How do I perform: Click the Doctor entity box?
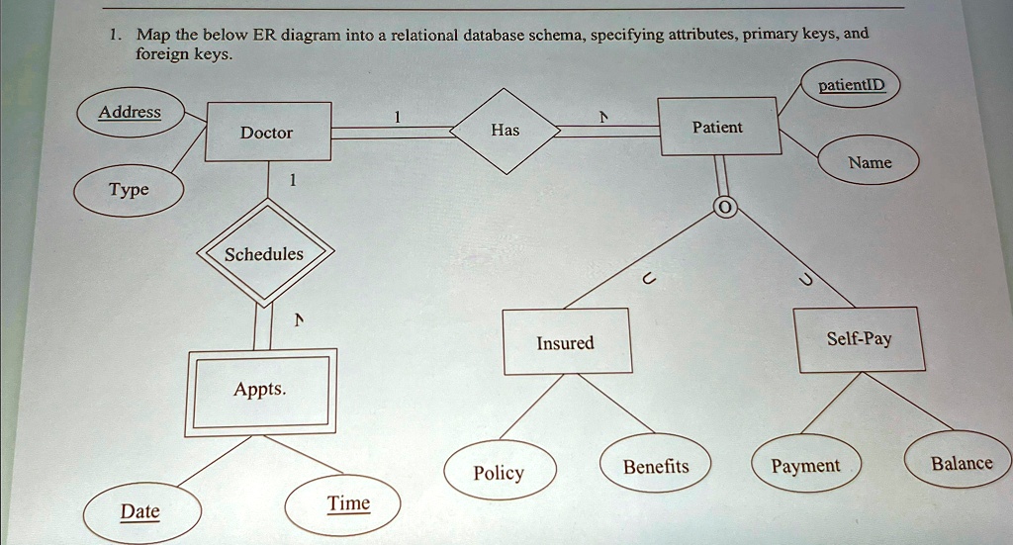[267, 132]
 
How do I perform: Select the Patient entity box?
[719, 127]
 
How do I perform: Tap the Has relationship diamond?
[505, 130]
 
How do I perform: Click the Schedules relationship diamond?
[264, 254]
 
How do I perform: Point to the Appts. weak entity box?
[261, 391]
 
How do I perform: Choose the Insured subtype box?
[565, 342]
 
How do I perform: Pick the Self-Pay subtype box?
[860, 339]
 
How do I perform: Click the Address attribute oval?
[130, 112]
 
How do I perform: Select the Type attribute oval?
[130, 189]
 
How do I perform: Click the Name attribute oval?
[870, 162]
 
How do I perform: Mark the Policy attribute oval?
[500, 473]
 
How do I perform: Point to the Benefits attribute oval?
[656, 466]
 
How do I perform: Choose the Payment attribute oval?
[805, 466]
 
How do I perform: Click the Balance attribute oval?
[961, 463]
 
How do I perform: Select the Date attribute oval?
[140, 511]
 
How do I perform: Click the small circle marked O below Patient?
[725, 209]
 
